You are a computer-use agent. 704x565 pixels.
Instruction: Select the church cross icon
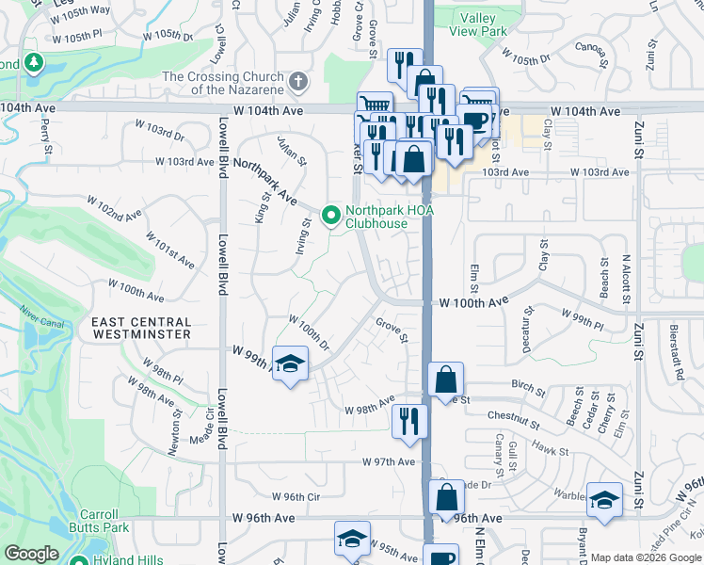[x=298, y=82]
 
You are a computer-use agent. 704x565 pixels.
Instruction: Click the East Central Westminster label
[x=141, y=328]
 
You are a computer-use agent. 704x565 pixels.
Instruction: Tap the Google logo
[x=32, y=554]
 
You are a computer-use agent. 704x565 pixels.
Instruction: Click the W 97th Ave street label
[x=391, y=461]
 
